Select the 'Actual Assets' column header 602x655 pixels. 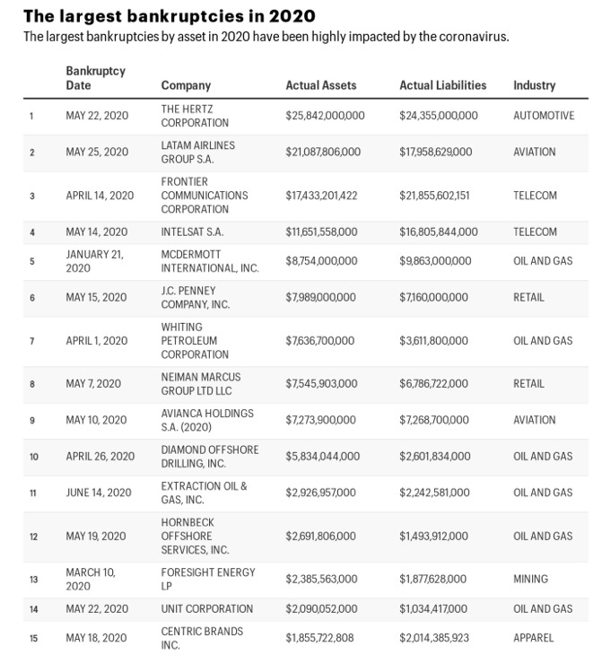coord(320,85)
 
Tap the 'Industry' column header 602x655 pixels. coord(534,85)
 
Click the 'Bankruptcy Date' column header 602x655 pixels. coord(95,78)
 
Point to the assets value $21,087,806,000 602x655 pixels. coord(323,152)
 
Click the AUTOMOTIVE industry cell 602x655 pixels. coord(544,116)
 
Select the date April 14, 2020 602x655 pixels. coord(100,195)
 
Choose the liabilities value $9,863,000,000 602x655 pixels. coord(435,261)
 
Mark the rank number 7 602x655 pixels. coord(32,341)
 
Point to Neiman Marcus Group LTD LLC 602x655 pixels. coord(201,384)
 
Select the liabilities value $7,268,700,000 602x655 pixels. coord(434,420)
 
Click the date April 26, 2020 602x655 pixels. coord(100,456)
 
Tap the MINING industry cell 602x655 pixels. coord(530,579)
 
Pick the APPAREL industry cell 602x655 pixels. coord(533,638)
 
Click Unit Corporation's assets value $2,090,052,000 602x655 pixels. coord(321,609)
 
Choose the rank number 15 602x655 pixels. coord(33,638)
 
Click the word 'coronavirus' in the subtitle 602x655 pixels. coord(472,37)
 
